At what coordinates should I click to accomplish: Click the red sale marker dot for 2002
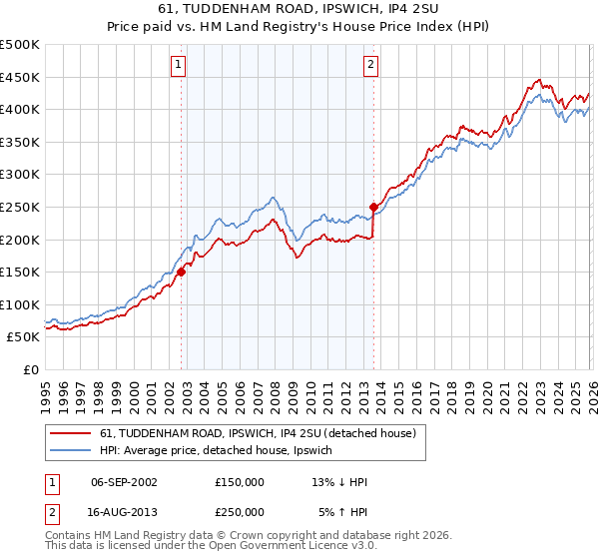[x=181, y=272]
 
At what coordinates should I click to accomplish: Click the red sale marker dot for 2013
[x=373, y=207]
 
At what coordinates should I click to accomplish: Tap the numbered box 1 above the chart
[x=178, y=66]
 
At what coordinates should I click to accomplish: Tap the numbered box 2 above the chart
[x=370, y=66]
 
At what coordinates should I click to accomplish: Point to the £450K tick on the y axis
[x=20, y=77]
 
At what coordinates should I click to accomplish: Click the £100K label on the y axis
[x=20, y=304]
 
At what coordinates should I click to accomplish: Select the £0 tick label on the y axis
[x=31, y=369]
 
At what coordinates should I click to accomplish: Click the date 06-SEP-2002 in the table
[x=124, y=482]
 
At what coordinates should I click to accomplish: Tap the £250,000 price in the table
[x=240, y=511]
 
